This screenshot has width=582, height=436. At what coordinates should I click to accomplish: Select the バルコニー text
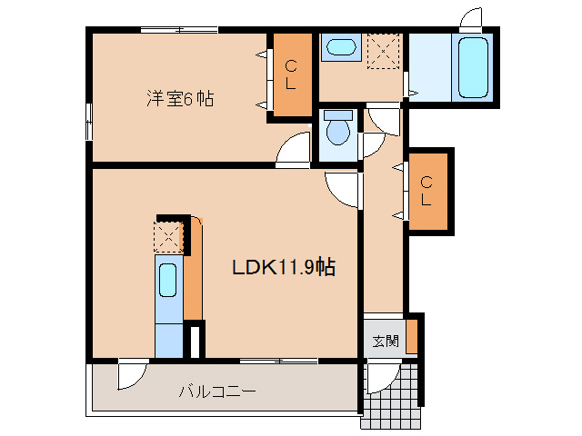click(216, 392)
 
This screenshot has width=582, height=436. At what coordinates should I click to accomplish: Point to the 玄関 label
click(385, 342)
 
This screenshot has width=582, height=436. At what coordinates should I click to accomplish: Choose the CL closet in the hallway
click(426, 191)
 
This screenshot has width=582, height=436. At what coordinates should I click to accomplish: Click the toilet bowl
click(338, 130)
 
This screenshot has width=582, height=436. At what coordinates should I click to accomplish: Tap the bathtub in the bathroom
click(474, 67)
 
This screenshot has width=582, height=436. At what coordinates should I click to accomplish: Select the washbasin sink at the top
click(340, 47)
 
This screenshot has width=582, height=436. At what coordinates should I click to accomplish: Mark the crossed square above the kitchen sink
click(168, 238)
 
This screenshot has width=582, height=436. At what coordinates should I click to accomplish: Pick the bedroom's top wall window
click(179, 30)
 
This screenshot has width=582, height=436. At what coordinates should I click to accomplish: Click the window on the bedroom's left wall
click(89, 122)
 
